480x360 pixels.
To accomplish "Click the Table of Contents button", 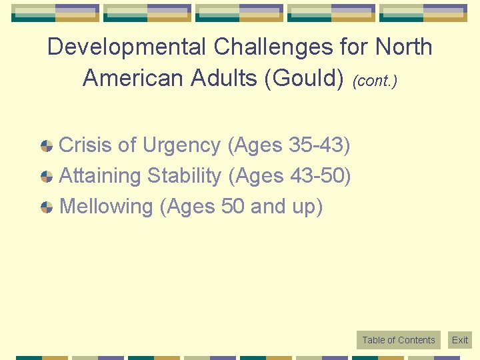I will [x=398, y=340].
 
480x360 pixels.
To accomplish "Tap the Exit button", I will [x=460, y=340].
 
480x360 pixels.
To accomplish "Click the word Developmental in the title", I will [x=127, y=47].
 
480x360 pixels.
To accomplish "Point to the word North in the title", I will [x=403, y=47].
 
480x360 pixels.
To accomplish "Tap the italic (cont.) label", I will [x=375, y=81].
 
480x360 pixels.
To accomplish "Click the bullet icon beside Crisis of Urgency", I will [x=47, y=146].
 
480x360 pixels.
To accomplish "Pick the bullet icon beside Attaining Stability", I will [x=47, y=177].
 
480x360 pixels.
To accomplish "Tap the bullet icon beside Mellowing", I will [x=47, y=207].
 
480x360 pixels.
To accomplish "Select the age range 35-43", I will [x=316, y=145].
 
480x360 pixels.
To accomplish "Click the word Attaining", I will [x=101, y=176].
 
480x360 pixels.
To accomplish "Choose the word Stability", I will [x=185, y=176].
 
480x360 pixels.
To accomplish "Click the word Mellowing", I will [x=107, y=207].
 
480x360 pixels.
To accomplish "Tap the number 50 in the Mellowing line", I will [x=233, y=207].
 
